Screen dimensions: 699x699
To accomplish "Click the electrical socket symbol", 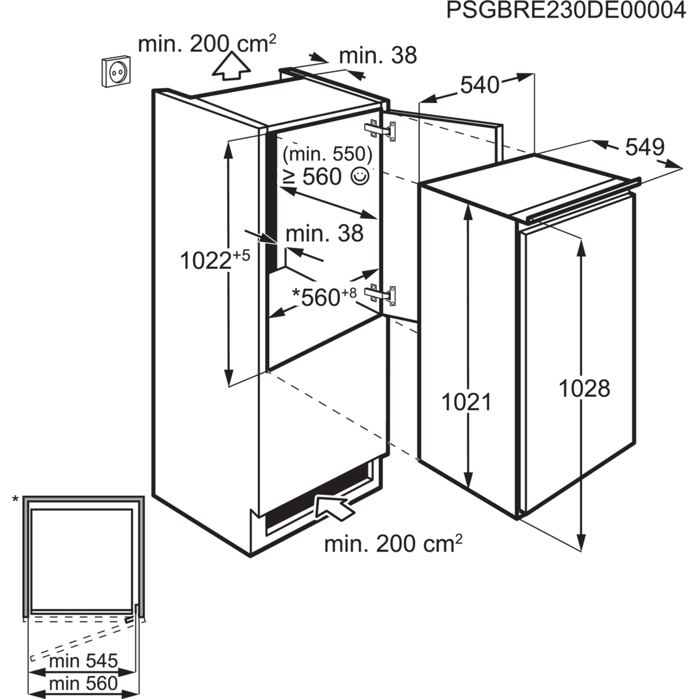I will coord(117,72).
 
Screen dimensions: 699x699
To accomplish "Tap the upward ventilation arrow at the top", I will coord(231,66).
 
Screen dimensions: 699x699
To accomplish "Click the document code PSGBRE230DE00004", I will coord(566,11).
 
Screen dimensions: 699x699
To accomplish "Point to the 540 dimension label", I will coord(480,86).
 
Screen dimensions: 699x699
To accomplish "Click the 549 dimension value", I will coord(644,149).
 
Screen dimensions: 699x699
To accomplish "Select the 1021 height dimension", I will coord(467,403).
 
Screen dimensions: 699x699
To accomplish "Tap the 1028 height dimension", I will coord(584,389).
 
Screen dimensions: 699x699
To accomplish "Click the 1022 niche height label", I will coord(215,260).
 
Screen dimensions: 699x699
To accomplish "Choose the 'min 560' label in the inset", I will coord(83,682).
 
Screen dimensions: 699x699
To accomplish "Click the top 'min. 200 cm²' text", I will coord(207,44).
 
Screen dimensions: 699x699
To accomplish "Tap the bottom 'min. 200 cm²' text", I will coord(393,544).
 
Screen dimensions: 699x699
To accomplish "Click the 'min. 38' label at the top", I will coord(377,56).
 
